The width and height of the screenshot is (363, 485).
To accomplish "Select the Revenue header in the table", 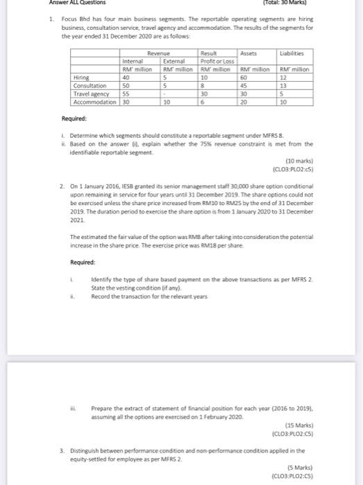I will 158,53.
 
